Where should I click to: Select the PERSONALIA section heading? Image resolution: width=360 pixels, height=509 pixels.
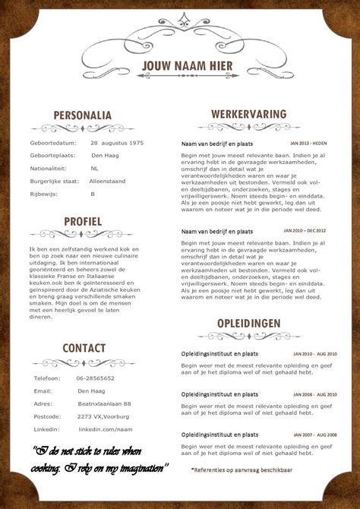pos(83,115)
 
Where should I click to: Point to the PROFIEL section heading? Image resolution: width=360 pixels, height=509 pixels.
pos(83,222)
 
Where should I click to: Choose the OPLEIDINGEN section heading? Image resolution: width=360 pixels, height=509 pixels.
pos(249,324)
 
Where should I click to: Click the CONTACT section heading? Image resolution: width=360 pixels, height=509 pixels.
pos(84,348)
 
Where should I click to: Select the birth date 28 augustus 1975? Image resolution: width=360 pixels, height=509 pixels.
pos(117,142)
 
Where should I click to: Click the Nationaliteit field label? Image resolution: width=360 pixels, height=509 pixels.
pos(49,168)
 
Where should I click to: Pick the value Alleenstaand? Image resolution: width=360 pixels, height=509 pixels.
pos(107,181)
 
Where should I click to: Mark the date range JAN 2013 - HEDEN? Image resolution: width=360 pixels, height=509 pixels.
pos(308,142)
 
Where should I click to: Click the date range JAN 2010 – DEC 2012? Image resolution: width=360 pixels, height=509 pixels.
pos(305,229)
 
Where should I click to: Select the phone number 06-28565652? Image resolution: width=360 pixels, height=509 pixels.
pos(96,378)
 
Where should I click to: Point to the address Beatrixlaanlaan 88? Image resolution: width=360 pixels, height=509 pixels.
pos(104,403)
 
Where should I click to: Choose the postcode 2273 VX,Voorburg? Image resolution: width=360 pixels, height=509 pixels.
pos(105,416)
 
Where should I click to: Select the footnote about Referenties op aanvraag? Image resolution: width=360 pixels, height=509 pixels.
pos(242,469)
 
